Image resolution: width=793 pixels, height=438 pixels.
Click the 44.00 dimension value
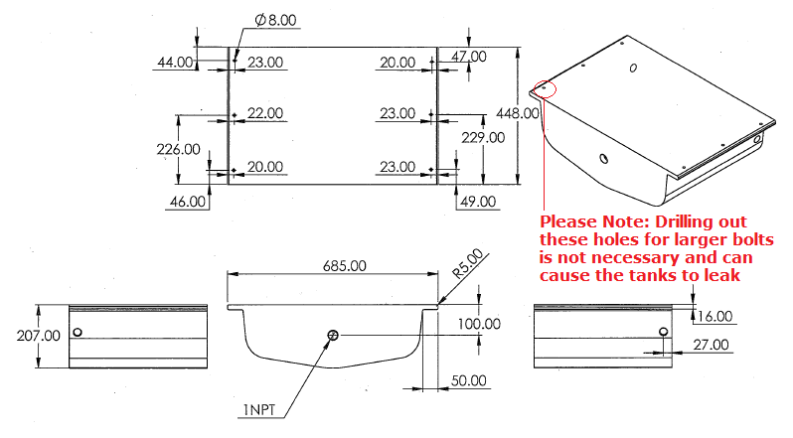(175, 63)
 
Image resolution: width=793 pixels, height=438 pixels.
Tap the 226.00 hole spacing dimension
(179, 149)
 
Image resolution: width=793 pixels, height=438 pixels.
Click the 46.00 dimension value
(188, 201)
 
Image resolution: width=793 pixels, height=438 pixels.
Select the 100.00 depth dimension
(480, 324)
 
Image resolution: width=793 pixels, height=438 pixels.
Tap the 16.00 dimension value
(714, 317)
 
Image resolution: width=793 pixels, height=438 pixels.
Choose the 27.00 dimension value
(710, 345)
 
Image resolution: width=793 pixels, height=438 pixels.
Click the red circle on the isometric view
(545, 87)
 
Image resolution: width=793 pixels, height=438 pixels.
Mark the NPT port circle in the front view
(333, 336)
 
